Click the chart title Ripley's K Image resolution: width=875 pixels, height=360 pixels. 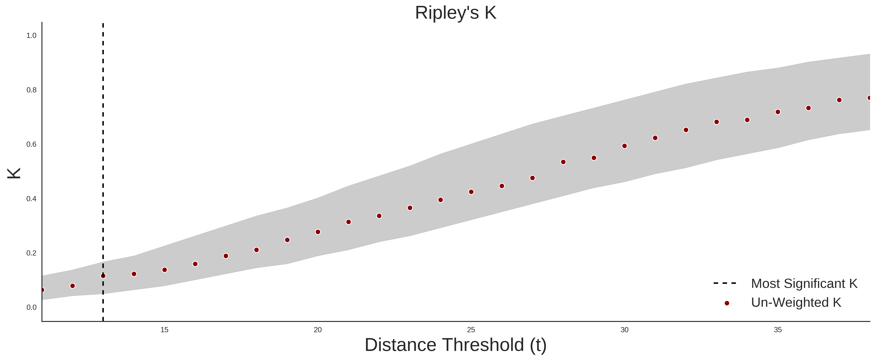click(455, 13)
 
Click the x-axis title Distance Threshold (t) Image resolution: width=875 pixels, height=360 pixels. click(455, 345)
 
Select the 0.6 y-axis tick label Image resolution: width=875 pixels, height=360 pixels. click(31, 144)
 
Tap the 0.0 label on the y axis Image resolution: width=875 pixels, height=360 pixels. click(31, 307)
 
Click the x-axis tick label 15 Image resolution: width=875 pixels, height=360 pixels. click(164, 330)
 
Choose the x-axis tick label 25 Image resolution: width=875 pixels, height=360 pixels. click(471, 330)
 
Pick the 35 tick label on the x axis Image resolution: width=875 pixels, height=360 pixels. click(778, 330)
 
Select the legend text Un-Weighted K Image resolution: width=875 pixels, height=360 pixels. click(796, 302)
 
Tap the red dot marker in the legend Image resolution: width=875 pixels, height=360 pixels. click(726, 303)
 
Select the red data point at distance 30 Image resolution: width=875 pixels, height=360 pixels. click(624, 146)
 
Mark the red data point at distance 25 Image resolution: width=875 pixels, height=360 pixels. click(471, 192)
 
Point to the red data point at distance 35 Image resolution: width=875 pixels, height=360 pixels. click(778, 112)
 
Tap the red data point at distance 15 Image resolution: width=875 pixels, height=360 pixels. click(164, 270)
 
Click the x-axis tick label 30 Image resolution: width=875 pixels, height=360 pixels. click(624, 330)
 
